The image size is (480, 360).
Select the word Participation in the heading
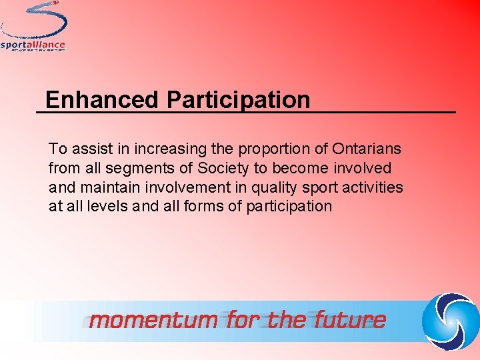[238, 100]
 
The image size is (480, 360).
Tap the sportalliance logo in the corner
[34, 27]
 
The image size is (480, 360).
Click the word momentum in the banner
[153, 320]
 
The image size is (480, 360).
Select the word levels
[108, 206]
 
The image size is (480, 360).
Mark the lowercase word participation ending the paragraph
[289, 207]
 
